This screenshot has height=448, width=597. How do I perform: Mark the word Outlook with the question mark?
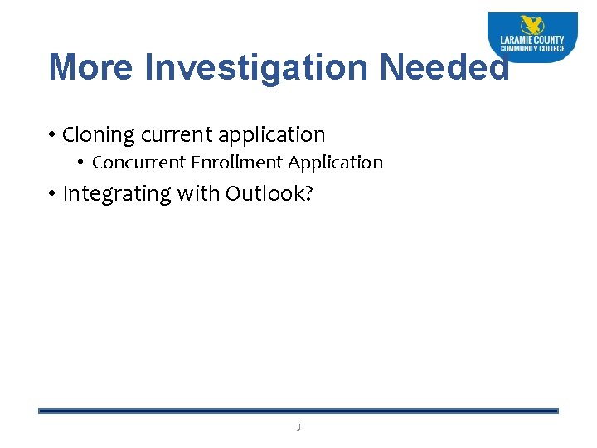click(269, 193)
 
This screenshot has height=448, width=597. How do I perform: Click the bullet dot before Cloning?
click(51, 135)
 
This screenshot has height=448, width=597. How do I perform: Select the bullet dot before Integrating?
click(51, 195)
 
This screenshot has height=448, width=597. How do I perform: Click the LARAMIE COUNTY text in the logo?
click(532, 40)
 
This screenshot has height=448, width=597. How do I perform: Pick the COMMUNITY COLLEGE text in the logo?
click(532, 49)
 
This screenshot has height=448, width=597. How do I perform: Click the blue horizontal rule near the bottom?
click(298, 411)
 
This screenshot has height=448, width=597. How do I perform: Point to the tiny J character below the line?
click(298, 426)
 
